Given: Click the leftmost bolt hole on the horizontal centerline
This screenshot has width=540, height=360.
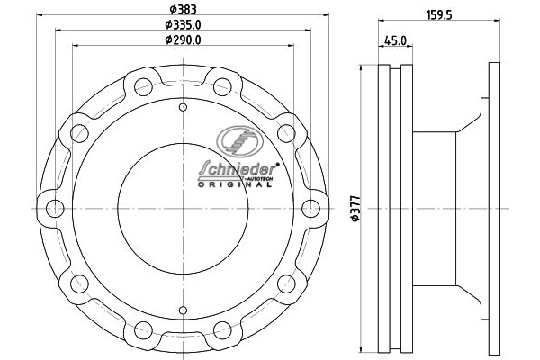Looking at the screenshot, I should click(x=54, y=209).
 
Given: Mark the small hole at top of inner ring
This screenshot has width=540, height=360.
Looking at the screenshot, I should click(x=183, y=109).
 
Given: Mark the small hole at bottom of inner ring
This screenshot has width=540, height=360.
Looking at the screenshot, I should click(x=183, y=309).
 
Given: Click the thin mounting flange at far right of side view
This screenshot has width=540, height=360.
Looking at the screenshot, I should click(x=493, y=209).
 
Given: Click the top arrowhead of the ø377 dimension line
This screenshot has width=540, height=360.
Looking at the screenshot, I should click(x=363, y=66).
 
